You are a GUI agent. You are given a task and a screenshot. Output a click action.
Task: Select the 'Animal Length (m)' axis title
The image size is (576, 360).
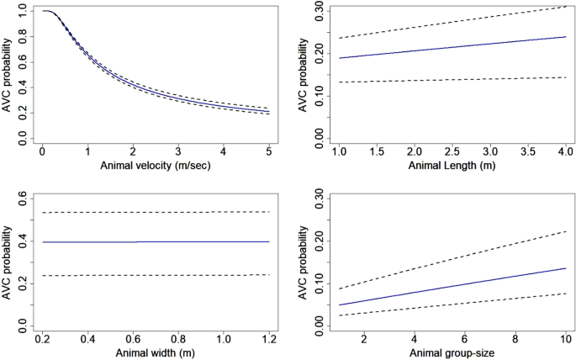pyautogui.click(x=452, y=165)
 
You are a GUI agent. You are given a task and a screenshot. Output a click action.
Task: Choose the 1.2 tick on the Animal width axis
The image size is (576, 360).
pyautogui.click(x=267, y=336)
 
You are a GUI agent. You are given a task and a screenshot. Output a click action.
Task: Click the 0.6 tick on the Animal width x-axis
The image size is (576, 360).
pyautogui.click(x=133, y=336)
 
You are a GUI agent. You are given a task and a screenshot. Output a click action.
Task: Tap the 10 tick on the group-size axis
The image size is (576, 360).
pyautogui.click(x=563, y=336)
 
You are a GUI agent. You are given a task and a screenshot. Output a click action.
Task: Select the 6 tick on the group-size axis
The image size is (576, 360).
pyautogui.click(x=463, y=336)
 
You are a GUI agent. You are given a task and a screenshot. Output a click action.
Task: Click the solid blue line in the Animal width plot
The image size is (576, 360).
pyautogui.click(x=155, y=241)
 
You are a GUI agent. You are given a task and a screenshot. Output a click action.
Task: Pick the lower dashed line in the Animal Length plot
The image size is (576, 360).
pyautogui.click(x=452, y=80)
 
